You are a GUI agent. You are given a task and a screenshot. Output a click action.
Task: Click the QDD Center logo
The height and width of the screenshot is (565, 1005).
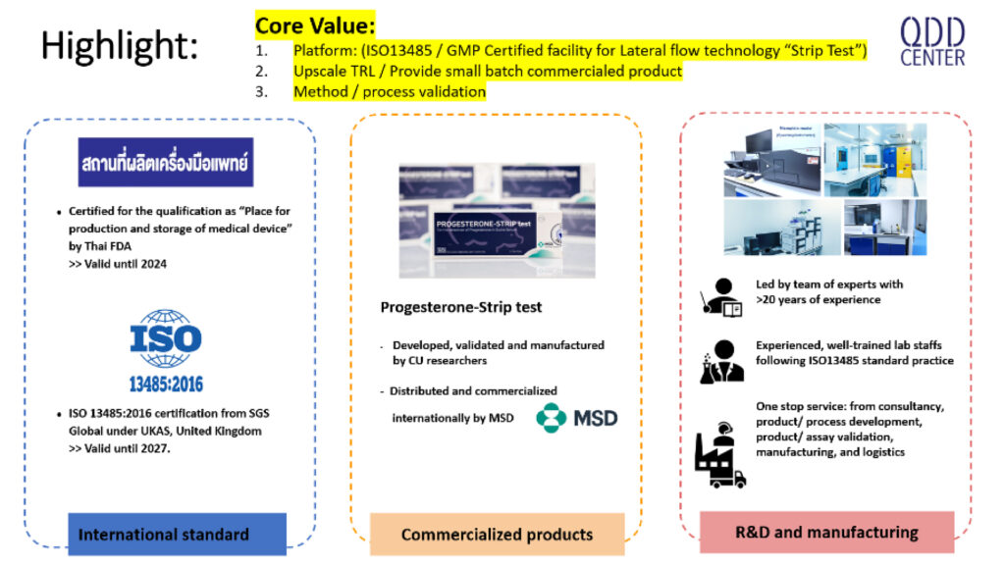click(931, 41)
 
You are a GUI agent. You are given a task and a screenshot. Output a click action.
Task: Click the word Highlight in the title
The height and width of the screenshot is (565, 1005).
click(119, 46)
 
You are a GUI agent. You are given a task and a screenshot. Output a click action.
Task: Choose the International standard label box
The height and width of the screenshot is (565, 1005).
click(164, 535)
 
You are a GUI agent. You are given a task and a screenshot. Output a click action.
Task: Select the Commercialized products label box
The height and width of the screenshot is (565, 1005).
click(497, 535)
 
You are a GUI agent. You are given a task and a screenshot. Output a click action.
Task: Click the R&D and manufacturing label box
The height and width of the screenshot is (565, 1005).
click(826, 533)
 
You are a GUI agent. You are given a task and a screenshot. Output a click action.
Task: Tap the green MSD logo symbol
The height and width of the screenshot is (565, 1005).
click(551, 417)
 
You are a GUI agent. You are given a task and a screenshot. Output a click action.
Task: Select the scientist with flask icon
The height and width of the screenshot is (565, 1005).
click(719, 360)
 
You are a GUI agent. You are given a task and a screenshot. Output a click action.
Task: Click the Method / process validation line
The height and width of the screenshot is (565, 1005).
click(389, 92)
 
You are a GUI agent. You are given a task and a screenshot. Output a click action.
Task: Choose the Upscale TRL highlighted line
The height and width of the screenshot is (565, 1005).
click(487, 72)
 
